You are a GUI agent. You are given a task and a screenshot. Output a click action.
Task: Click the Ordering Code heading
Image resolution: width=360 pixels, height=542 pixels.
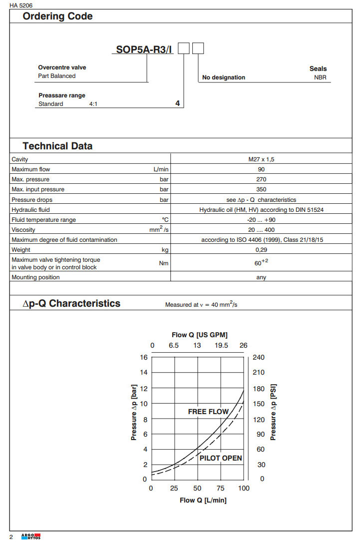[x=57, y=16]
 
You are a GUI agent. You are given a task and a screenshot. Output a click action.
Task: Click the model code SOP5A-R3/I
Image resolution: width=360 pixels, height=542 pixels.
[x=144, y=49]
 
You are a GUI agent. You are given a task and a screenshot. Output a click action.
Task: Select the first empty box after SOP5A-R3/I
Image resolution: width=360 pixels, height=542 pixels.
[x=184, y=48]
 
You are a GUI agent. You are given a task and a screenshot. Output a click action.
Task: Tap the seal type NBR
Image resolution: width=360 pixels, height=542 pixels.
[x=320, y=77]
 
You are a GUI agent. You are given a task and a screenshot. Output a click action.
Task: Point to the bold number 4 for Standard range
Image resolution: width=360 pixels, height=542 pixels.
[x=177, y=104]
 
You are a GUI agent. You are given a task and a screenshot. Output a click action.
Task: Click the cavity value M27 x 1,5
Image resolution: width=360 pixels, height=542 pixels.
[x=261, y=159]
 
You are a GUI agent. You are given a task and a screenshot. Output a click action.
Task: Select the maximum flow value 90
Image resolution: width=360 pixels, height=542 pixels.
[x=261, y=169]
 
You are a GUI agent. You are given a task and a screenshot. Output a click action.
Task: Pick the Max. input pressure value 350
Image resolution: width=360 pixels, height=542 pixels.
[x=261, y=189]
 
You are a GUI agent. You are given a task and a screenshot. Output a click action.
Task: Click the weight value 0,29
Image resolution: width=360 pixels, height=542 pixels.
[x=261, y=250]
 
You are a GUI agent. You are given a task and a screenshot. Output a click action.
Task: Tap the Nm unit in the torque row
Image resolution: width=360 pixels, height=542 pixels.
[x=164, y=263]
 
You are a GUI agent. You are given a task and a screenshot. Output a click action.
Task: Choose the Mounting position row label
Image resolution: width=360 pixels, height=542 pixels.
[x=35, y=277]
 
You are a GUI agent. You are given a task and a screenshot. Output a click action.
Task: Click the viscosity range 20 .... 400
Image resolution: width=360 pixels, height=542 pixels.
[x=261, y=230]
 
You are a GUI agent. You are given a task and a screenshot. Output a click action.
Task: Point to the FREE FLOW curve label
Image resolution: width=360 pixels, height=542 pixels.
[x=208, y=412]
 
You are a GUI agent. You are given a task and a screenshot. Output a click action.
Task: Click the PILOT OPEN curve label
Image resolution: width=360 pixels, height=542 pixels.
[x=221, y=458]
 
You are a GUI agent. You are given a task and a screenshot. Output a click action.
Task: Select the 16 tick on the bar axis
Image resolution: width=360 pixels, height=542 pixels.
[x=144, y=357]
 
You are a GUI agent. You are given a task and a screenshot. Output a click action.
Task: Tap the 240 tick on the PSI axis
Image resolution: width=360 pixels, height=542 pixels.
[x=259, y=357]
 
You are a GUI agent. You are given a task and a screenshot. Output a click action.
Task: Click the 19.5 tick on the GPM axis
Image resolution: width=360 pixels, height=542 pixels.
[x=221, y=345]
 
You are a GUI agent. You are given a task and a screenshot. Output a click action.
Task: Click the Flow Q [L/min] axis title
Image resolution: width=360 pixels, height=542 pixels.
[x=203, y=500]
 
